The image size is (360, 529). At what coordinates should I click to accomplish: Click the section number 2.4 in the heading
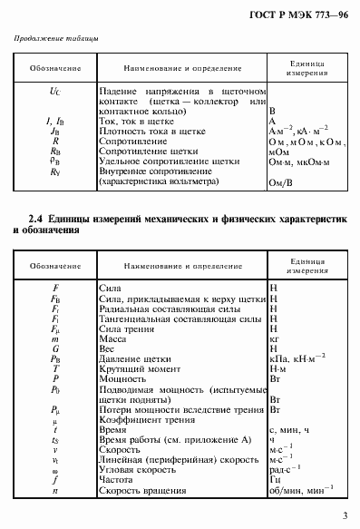tap(37, 220)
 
